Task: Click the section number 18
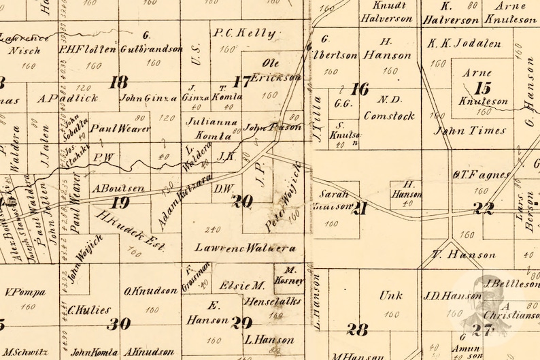119,82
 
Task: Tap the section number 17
241,82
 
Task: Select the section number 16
359,88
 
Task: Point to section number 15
482,87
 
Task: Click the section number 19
120,202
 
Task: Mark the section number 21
360,208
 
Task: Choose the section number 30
118,323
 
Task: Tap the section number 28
356,329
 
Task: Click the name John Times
462,131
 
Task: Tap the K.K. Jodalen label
464,44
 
